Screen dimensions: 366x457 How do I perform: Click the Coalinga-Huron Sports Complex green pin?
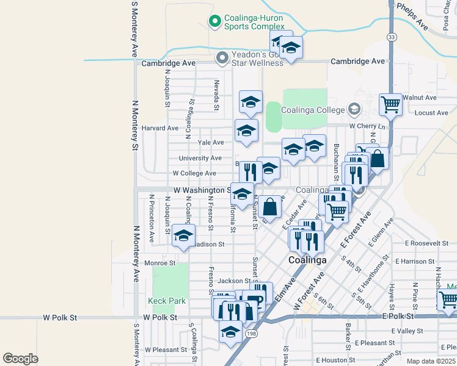214,22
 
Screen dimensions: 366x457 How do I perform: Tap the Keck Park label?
166,301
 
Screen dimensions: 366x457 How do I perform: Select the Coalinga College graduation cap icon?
353,110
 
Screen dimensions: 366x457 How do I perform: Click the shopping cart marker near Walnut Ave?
390,104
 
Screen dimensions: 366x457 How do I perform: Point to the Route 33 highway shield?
390,37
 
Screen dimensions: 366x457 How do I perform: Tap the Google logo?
21,359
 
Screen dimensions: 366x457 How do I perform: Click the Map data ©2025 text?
430,361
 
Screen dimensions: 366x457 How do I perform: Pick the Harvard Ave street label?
160,128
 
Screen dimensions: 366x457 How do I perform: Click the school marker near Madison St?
183,236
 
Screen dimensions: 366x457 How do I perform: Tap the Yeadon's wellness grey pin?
221,58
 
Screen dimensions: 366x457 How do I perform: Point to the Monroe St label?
160,263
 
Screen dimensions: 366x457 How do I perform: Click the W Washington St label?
201,190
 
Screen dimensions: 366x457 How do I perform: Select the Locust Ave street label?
431,113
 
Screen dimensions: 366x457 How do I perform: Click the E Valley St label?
407,331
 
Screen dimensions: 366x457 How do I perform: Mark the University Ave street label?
200,158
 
